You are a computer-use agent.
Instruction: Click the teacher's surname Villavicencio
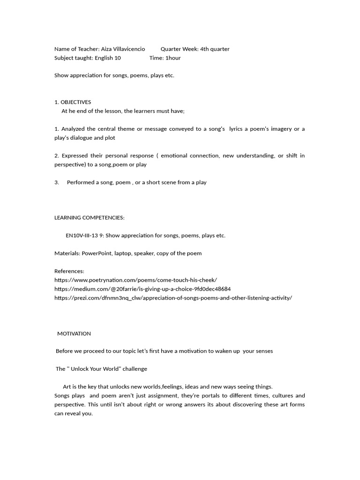(x=127, y=49)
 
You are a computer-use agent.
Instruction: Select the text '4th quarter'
(x=215, y=49)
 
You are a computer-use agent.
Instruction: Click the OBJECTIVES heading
(x=76, y=102)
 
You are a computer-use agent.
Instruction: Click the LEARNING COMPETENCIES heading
(x=90, y=217)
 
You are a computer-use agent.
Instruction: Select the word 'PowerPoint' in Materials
(x=97, y=253)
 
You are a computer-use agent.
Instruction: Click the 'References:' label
(x=69, y=271)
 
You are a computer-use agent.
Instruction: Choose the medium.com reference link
(x=142, y=289)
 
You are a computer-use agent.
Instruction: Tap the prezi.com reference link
(x=173, y=298)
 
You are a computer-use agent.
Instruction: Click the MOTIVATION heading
(x=74, y=333)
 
